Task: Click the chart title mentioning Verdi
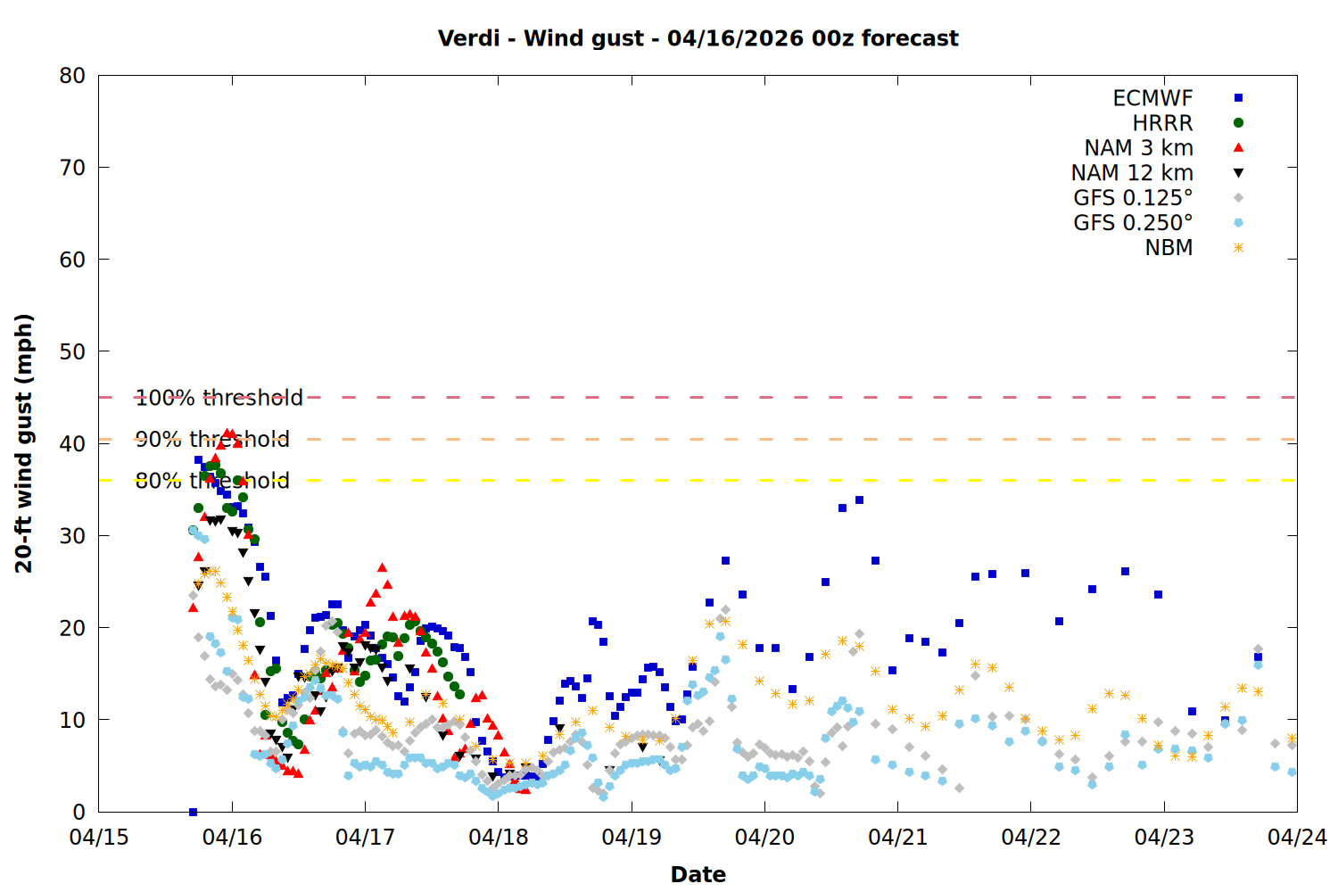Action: coord(698,38)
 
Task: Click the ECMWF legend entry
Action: coord(1152,98)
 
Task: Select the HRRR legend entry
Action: coord(1162,123)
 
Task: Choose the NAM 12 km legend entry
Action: coord(1132,173)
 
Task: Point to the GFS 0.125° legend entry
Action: coord(1133,198)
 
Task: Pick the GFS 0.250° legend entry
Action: coord(1133,223)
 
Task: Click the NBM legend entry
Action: coord(1169,248)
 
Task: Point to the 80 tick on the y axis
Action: coord(72,76)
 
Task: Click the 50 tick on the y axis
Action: coord(72,351)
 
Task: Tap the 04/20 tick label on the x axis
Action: coord(764,838)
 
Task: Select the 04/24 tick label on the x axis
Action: coord(1297,838)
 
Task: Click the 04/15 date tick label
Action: coord(99,838)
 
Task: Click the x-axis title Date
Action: coord(698,874)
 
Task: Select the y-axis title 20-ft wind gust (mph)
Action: coord(24,443)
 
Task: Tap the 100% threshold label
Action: coord(219,398)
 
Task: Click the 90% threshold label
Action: coord(212,439)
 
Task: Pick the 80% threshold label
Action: coord(212,481)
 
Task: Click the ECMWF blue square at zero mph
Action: coord(193,812)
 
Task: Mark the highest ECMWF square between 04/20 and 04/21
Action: coord(859,500)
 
